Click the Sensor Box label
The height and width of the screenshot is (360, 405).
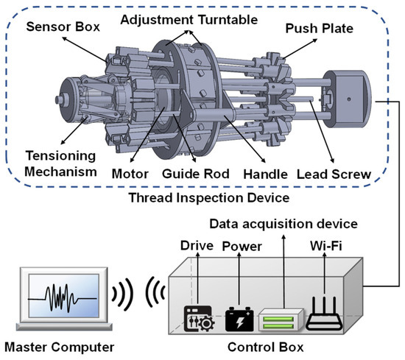point(63,27)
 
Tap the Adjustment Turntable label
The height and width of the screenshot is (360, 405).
point(189,20)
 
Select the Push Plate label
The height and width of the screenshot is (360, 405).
point(320,29)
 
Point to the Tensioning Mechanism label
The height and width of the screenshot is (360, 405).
point(60,163)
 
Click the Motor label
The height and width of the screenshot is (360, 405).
point(130,174)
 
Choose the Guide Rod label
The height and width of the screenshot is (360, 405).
point(196,174)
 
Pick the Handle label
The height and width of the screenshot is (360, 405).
point(266,174)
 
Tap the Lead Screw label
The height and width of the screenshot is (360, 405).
point(334,174)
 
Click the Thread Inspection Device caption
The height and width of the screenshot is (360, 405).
point(209,198)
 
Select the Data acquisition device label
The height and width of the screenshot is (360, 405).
point(283,224)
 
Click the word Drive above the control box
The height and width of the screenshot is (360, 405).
point(197,245)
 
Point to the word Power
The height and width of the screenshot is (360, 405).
point(242,246)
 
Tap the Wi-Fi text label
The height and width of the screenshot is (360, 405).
point(326,246)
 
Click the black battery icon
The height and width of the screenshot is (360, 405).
point(239,320)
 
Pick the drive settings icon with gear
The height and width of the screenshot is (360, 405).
point(199,319)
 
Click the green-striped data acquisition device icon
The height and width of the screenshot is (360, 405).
point(281,320)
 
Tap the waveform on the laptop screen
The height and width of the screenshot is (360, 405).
point(63,298)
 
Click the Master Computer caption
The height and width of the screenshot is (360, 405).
point(60,347)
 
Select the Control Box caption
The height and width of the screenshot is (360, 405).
point(266,347)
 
